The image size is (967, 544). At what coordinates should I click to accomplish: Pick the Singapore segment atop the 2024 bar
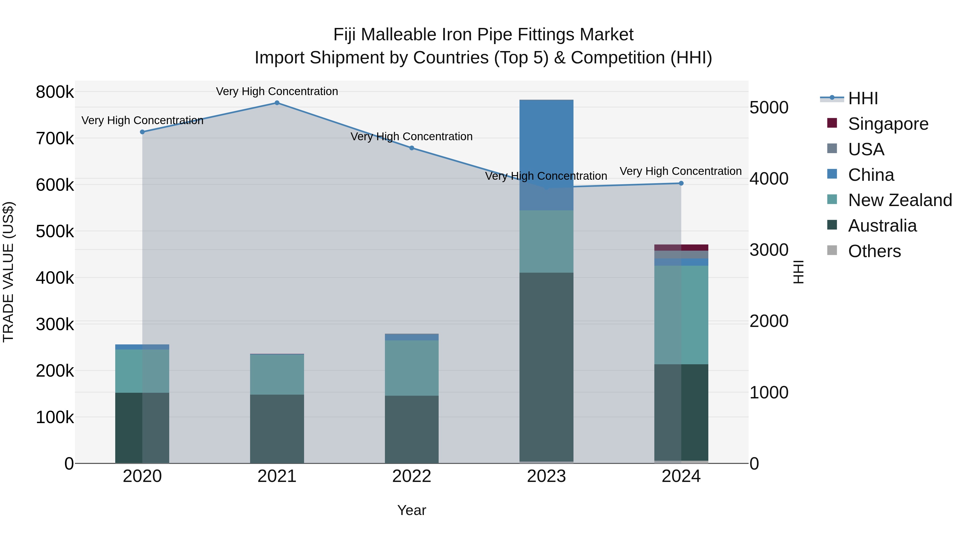tap(681, 247)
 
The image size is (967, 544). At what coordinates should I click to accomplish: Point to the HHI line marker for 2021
tap(277, 103)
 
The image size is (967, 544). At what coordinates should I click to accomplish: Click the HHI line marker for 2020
tap(142, 132)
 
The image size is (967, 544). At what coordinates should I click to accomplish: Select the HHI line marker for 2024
tap(681, 183)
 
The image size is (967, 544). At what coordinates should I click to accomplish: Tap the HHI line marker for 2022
tap(412, 148)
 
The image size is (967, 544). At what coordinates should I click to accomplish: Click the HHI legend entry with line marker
tap(863, 98)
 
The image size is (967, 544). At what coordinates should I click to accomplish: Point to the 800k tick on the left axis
tap(55, 92)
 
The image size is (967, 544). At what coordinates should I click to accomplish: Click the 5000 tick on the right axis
tap(769, 108)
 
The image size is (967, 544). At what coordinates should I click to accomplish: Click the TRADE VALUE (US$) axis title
tap(8, 272)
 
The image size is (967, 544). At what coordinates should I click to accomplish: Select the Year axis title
tap(412, 510)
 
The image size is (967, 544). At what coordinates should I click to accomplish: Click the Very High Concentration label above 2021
tap(277, 91)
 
